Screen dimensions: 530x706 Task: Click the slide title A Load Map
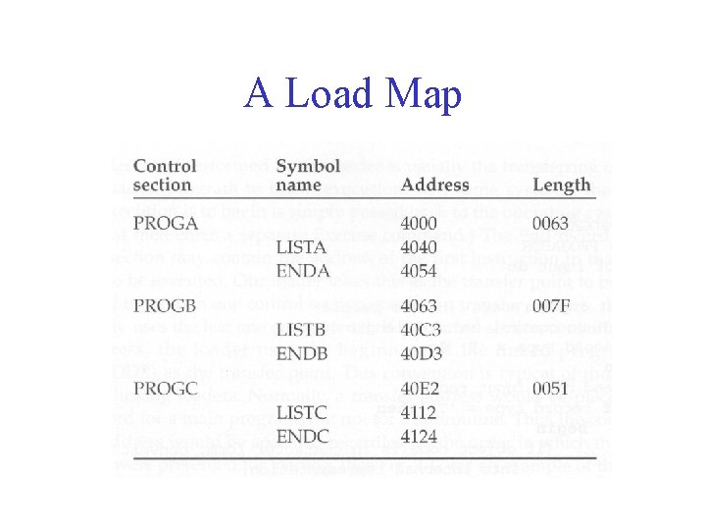click(x=353, y=94)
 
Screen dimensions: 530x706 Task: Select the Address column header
click(x=434, y=185)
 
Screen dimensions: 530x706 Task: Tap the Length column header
click(x=562, y=185)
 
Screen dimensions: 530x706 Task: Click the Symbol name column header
click(x=308, y=176)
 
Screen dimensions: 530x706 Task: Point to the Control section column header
click(x=165, y=176)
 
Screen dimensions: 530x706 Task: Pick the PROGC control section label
click(x=166, y=390)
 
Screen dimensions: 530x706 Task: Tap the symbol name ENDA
click(x=304, y=269)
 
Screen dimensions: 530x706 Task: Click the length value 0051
click(x=553, y=390)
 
